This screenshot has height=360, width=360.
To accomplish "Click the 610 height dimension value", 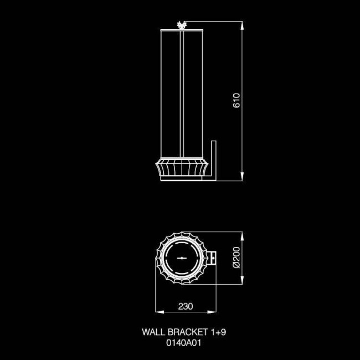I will [236, 100].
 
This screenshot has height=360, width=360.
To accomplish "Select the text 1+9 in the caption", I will [218, 332].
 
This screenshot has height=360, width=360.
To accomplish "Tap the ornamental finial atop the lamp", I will [182, 24].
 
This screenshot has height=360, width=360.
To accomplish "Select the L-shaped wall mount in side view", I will [212, 161].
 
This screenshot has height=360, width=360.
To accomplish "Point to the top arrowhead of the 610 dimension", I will [243, 23].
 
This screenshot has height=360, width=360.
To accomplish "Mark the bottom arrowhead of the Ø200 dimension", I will [243, 284].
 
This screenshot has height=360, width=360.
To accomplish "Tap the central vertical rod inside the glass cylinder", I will [182, 94].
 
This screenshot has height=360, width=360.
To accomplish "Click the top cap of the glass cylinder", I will [182, 29].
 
